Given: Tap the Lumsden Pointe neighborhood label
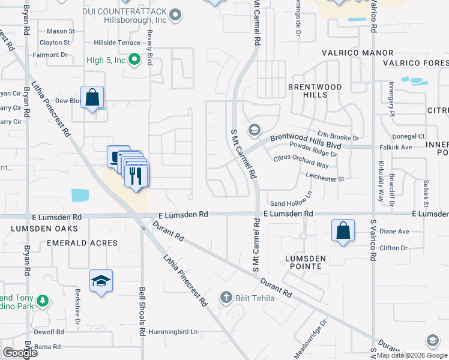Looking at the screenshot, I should [x=305, y=263].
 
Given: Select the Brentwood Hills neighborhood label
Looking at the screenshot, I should [x=315, y=91].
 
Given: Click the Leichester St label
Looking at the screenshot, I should [x=324, y=178].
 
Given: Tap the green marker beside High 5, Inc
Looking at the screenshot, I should [x=134, y=59].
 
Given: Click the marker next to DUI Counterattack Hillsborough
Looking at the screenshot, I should [x=175, y=15].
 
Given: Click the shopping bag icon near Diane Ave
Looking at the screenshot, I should [x=343, y=231].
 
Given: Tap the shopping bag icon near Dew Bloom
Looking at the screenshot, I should [x=92, y=97].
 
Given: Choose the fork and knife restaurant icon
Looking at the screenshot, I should [x=135, y=176].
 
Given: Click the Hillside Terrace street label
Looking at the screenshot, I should [x=116, y=43].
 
